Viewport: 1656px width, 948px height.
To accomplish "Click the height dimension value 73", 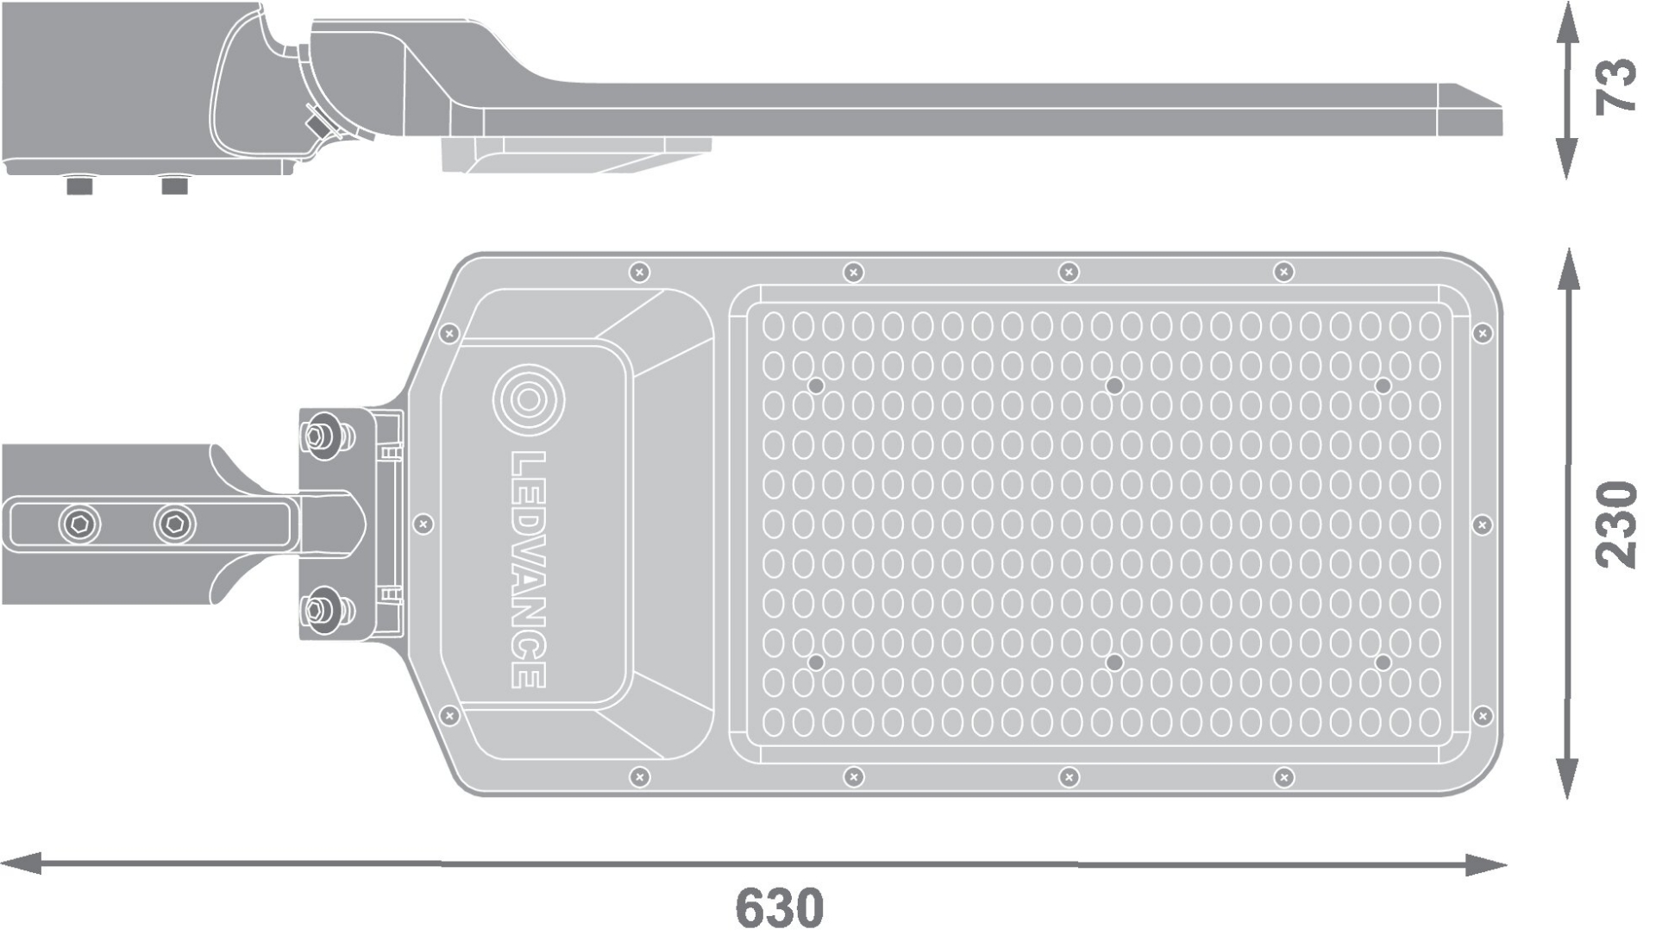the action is pos(1615,85).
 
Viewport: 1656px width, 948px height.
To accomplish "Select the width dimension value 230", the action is pos(1615,524).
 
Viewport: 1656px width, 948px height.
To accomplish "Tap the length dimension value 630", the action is pos(779,907).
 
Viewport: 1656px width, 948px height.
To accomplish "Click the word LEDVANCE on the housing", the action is pos(528,569).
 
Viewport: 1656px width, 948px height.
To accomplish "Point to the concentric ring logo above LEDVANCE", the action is pos(528,400).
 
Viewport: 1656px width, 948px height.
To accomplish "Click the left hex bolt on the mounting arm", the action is pos(79,524).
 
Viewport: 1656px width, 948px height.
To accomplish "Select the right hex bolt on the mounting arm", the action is pos(175,524).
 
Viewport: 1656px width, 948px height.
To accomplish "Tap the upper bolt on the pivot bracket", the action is pos(324,436).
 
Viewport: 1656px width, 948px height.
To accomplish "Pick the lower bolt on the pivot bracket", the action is pos(324,610).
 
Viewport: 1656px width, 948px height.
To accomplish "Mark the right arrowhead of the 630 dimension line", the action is pos(1486,864).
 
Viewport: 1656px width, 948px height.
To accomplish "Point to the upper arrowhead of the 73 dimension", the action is pos(1567,22).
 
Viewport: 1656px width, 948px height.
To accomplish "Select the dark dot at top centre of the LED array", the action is pos(1114,386).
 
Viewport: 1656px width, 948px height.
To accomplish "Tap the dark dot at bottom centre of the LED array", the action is pos(1114,662).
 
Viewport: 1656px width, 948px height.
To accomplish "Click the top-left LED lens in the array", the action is pos(774,326).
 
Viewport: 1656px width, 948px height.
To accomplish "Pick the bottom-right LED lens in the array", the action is pos(1430,721).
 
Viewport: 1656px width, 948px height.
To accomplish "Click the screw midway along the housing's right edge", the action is pos(1483,524).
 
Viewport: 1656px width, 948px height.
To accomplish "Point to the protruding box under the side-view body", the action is pos(576,155).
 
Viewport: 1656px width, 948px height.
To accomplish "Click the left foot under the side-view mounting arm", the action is pos(79,185).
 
